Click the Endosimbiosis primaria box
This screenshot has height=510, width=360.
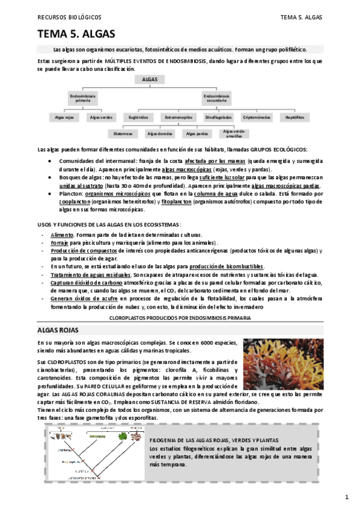[x=82, y=97]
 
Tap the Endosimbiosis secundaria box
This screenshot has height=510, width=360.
[x=216, y=97]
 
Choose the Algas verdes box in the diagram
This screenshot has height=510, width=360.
[x=101, y=117]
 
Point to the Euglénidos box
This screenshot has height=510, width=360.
[x=138, y=117]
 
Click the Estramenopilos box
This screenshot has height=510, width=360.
[x=178, y=117]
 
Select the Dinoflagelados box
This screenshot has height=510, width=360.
[x=218, y=117]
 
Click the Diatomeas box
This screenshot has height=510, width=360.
[x=123, y=134]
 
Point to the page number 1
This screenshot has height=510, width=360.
[x=347, y=497]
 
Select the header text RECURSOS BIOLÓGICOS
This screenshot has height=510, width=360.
[x=69, y=17]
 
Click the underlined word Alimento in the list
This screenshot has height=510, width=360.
[x=63, y=235]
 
